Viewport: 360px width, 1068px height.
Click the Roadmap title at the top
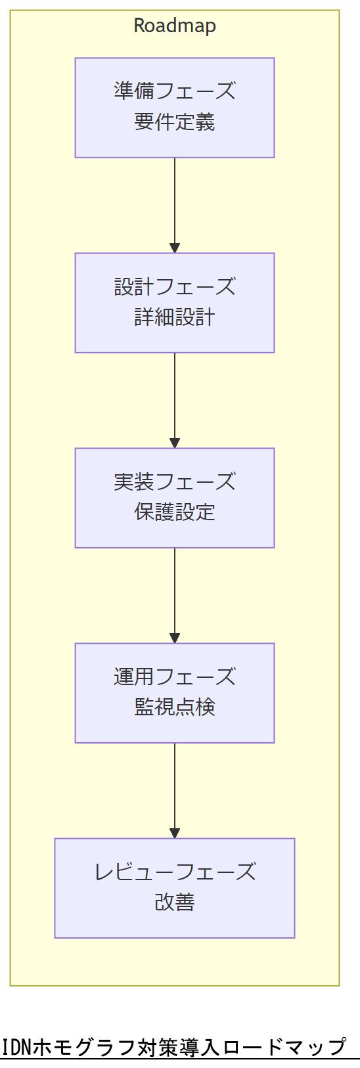click(x=175, y=26)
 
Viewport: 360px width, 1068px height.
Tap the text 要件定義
click(x=175, y=122)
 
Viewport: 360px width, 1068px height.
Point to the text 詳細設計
click(x=175, y=317)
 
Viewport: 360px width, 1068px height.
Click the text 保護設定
click(x=175, y=512)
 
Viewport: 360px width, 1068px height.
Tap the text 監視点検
click(x=175, y=707)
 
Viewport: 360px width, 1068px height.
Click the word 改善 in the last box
click(x=175, y=902)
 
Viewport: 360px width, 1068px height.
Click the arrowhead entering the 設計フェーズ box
click(x=175, y=248)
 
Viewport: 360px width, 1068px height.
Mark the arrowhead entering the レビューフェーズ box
click(x=175, y=834)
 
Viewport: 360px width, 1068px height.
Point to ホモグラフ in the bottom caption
click(x=92, y=1047)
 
